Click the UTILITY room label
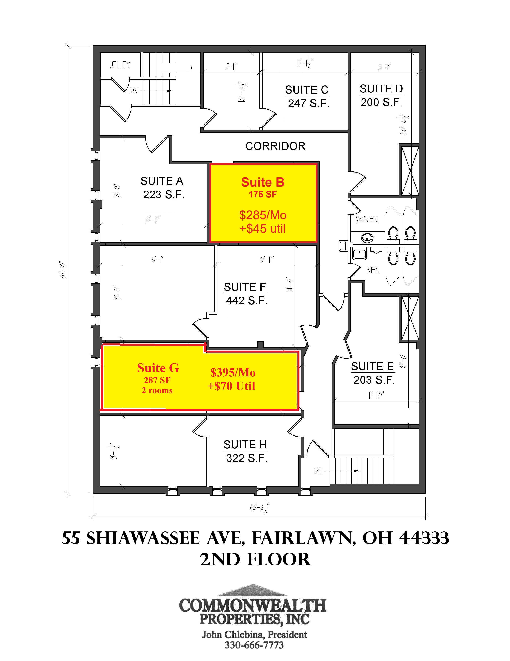pyautogui.click(x=120, y=65)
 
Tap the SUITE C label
pyautogui.click(x=307, y=90)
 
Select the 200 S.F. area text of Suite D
pyautogui.click(x=381, y=102)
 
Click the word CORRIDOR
pyautogui.click(x=275, y=146)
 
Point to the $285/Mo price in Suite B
pyautogui.click(x=263, y=215)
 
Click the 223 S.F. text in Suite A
pyautogui.click(x=164, y=195)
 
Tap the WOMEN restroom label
pyautogui.click(x=366, y=219)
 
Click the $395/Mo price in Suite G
pyautogui.click(x=233, y=373)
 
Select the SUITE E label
pyautogui.click(x=372, y=367)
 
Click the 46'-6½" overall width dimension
pyautogui.click(x=259, y=507)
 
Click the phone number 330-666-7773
pyautogui.click(x=254, y=645)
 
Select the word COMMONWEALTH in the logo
pyautogui.click(x=253, y=605)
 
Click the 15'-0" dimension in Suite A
pyautogui.click(x=152, y=219)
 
